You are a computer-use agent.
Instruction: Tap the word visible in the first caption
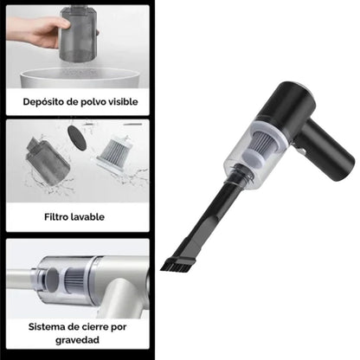[x=118, y=101]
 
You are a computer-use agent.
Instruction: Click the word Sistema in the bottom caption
[x=48, y=327]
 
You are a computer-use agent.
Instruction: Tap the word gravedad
[x=74, y=341]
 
